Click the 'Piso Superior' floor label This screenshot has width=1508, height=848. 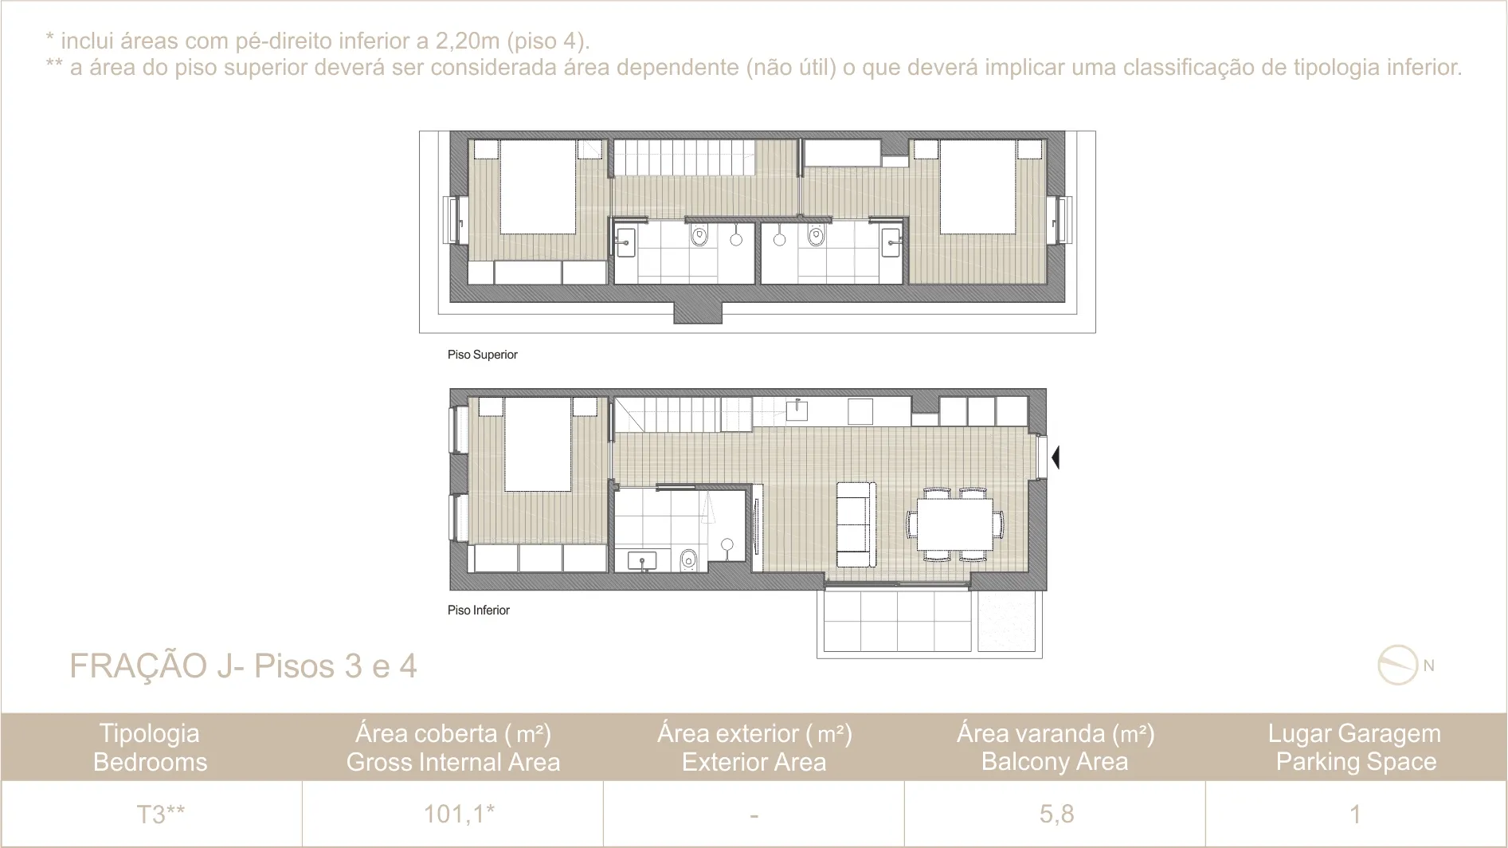tap(482, 355)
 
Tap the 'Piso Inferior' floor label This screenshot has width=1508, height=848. tap(478, 610)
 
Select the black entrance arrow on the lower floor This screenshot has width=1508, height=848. tap(1056, 457)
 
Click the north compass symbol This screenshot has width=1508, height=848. tap(1399, 665)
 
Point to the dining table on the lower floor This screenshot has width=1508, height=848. tap(954, 523)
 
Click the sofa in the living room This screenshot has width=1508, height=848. tap(856, 524)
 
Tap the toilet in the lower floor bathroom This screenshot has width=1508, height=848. tap(689, 559)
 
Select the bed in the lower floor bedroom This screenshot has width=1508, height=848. tap(538, 444)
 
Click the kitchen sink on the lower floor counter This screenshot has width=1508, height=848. tap(797, 410)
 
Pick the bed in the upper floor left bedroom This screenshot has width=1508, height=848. tap(538, 186)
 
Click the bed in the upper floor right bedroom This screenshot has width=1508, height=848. tap(977, 186)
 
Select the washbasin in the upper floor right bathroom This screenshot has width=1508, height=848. tap(891, 242)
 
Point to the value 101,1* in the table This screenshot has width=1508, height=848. tap(459, 814)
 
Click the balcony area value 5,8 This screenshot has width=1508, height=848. tap(1056, 814)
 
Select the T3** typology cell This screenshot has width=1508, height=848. tap(160, 814)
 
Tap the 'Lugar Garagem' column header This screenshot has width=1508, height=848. tap(1354, 733)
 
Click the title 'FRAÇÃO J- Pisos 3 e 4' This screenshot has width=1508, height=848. tap(243, 666)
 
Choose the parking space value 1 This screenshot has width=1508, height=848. tap(1355, 814)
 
